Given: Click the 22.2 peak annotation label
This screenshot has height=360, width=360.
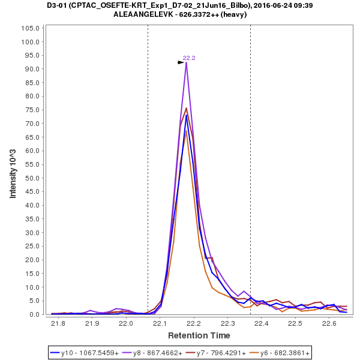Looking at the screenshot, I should [189, 58].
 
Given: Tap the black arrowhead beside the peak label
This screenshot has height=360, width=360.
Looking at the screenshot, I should [181, 62].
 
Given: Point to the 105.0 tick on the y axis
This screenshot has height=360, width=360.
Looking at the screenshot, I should [31, 28].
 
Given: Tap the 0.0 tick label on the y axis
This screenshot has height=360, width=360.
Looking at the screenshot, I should [35, 314].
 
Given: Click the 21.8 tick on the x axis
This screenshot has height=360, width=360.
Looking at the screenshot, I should [58, 324].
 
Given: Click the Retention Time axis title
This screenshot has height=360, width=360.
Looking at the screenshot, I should [199, 335].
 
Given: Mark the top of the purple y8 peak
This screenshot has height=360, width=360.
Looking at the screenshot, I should [187, 63].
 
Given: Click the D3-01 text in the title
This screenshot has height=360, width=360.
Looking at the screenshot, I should [59, 5].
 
